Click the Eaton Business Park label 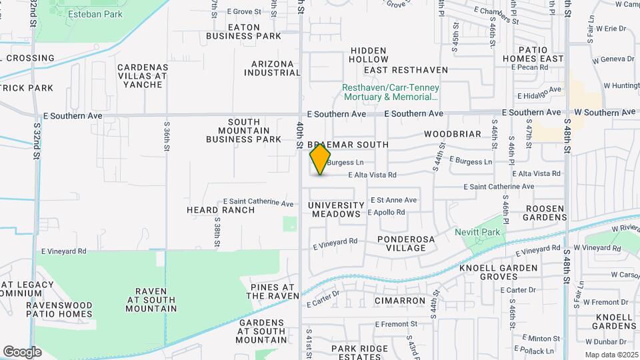tap(243, 31)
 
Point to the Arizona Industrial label tap(276, 68)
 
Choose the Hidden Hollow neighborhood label tap(368, 55)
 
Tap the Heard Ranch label tap(220, 210)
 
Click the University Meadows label tap(337, 209)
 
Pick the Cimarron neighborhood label tap(400, 301)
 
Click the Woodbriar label tap(452, 134)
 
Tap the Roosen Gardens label tap(545, 213)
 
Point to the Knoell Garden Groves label tap(499, 272)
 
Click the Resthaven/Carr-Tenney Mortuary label tap(395, 92)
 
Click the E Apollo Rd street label tap(386, 212)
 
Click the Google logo tap(22, 352)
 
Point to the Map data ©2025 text tap(609, 355)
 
